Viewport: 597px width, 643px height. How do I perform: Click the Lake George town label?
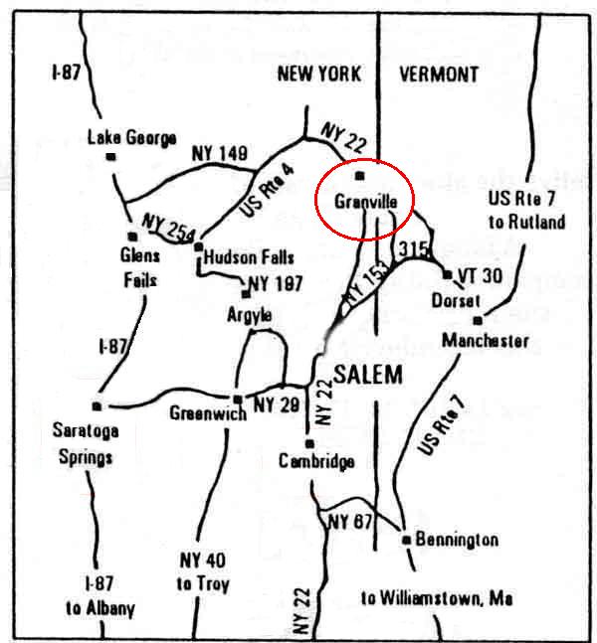click(131, 137)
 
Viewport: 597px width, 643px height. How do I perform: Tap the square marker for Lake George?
click(112, 157)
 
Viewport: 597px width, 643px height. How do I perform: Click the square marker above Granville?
click(360, 176)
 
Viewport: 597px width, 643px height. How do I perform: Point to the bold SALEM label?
click(368, 374)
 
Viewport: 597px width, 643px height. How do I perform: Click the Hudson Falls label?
click(249, 257)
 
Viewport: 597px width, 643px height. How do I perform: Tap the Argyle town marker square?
click(246, 294)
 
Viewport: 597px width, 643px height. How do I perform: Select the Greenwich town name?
click(207, 412)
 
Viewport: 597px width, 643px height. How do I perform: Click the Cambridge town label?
click(316, 461)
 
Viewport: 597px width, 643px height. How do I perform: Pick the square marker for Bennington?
click(406, 540)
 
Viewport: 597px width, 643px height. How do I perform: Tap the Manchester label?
click(486, 340)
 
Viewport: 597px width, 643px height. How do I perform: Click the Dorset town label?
click(456, 299)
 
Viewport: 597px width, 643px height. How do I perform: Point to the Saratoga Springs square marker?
click(97, 405)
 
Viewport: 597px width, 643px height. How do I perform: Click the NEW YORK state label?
click(318, 74)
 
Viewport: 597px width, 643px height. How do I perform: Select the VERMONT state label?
click(438, 74)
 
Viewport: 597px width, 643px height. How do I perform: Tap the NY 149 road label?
click(218, 153)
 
